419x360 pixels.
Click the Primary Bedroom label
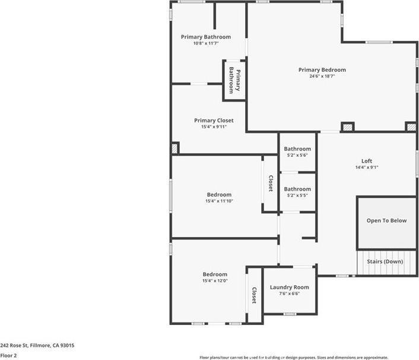322,70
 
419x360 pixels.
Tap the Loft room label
366,161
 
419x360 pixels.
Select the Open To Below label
386,221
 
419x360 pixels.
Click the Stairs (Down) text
385,261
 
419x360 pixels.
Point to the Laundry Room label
289,288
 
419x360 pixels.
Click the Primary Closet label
214,121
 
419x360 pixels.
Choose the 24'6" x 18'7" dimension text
322,76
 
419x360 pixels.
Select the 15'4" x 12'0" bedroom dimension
215,280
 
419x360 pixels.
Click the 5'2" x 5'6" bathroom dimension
297,155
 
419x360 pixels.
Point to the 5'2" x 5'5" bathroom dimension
297,195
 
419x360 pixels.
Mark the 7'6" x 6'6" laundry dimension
289,293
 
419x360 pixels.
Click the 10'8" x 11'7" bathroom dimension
206,43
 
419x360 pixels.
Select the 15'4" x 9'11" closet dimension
214,127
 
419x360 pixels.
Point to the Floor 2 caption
8,355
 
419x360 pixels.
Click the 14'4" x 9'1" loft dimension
366,167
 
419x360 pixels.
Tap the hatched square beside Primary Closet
174,148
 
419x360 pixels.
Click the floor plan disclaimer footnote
294,357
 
